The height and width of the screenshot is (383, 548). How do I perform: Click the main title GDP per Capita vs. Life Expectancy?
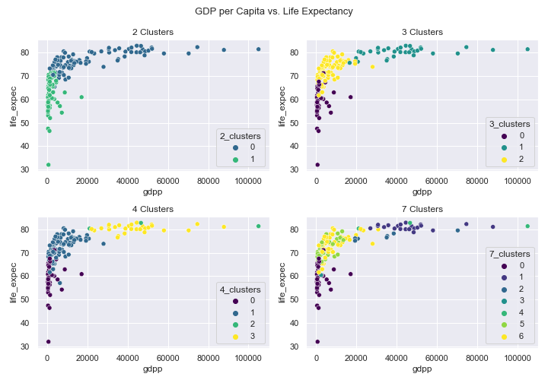[x=273, y=11]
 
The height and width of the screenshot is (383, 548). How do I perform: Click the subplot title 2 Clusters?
[x=153, y=32]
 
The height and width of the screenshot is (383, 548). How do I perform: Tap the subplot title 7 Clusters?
[x=422, y=209]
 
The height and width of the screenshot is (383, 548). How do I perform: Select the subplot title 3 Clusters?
[x=422, y=32]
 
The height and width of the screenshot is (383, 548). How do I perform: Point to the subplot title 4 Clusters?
[x=153, y=209]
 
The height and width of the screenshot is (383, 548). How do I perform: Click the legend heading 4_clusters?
[x=241, y=290]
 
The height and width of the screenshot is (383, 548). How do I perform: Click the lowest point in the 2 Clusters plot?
[x=48, y=165]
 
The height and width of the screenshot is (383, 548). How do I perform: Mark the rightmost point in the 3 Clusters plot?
[x=527, y=49]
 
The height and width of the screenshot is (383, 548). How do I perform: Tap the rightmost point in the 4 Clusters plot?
[x=259, y=226]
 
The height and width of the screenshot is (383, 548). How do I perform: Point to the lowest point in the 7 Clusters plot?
[x=317, y=341]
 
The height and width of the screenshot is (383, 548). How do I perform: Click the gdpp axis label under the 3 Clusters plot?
[x=422, y=193]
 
